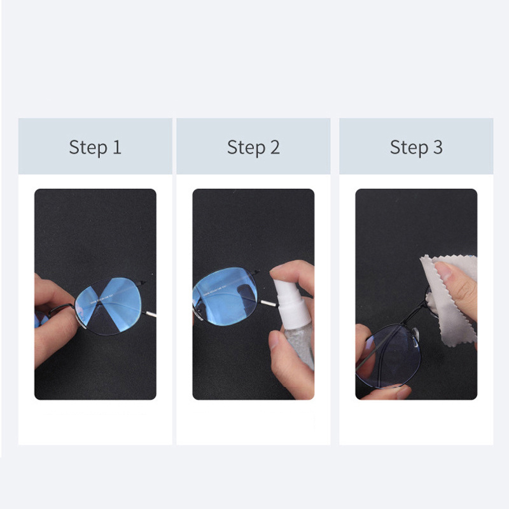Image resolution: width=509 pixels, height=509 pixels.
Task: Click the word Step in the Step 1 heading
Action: [88, 148]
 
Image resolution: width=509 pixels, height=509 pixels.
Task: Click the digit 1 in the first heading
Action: [117, 147]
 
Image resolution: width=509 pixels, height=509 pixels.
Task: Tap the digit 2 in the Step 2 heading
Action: [275, 147]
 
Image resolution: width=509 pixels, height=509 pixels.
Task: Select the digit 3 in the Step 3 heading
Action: [438, 147]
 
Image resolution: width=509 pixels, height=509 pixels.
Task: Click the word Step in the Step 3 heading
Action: [409, 148]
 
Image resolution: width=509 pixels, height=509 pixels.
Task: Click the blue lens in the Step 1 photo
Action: [109, 306]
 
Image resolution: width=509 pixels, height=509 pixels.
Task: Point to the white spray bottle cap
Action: [291, 303]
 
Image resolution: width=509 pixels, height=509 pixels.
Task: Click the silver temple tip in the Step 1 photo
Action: [150, 314]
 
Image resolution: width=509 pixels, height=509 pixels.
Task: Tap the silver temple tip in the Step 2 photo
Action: [268, 303]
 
